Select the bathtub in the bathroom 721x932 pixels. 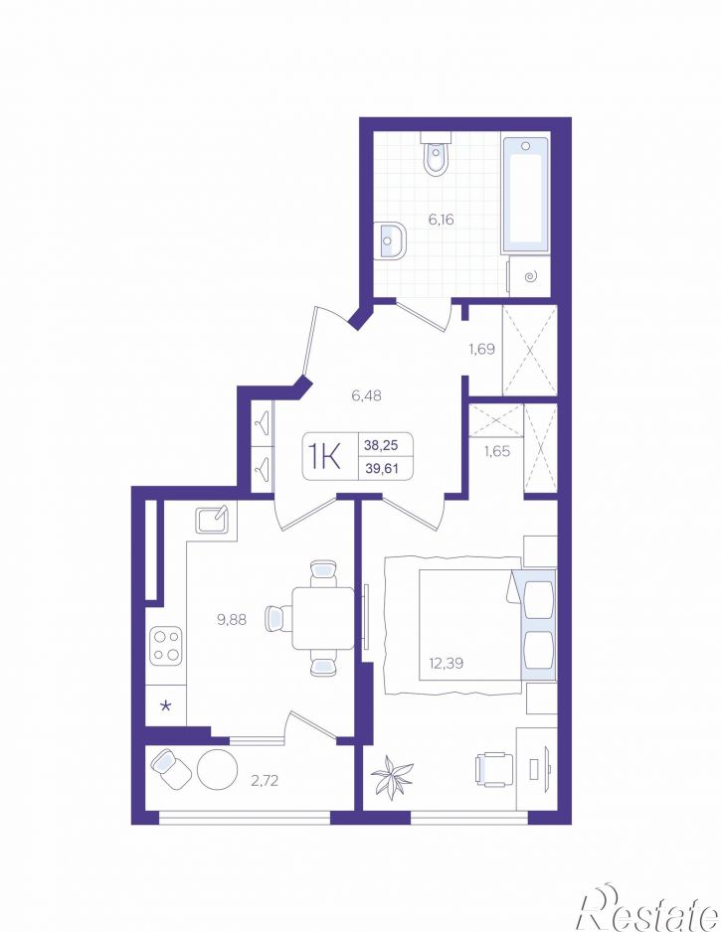[525, 196]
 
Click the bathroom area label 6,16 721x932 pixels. [441, 220]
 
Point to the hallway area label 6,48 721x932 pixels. [366, 394]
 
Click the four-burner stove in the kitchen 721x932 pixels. [165, 646]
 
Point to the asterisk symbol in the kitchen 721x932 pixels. [166, 706]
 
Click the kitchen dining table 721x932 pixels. [323, 618]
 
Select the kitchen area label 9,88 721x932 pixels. [232, 620]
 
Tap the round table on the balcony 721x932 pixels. [217, 768]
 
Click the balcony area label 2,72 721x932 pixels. [265, 780]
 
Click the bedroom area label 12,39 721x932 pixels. [446, 662]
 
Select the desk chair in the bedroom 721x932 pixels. [494, 770]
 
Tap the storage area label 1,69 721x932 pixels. [482, 349]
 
